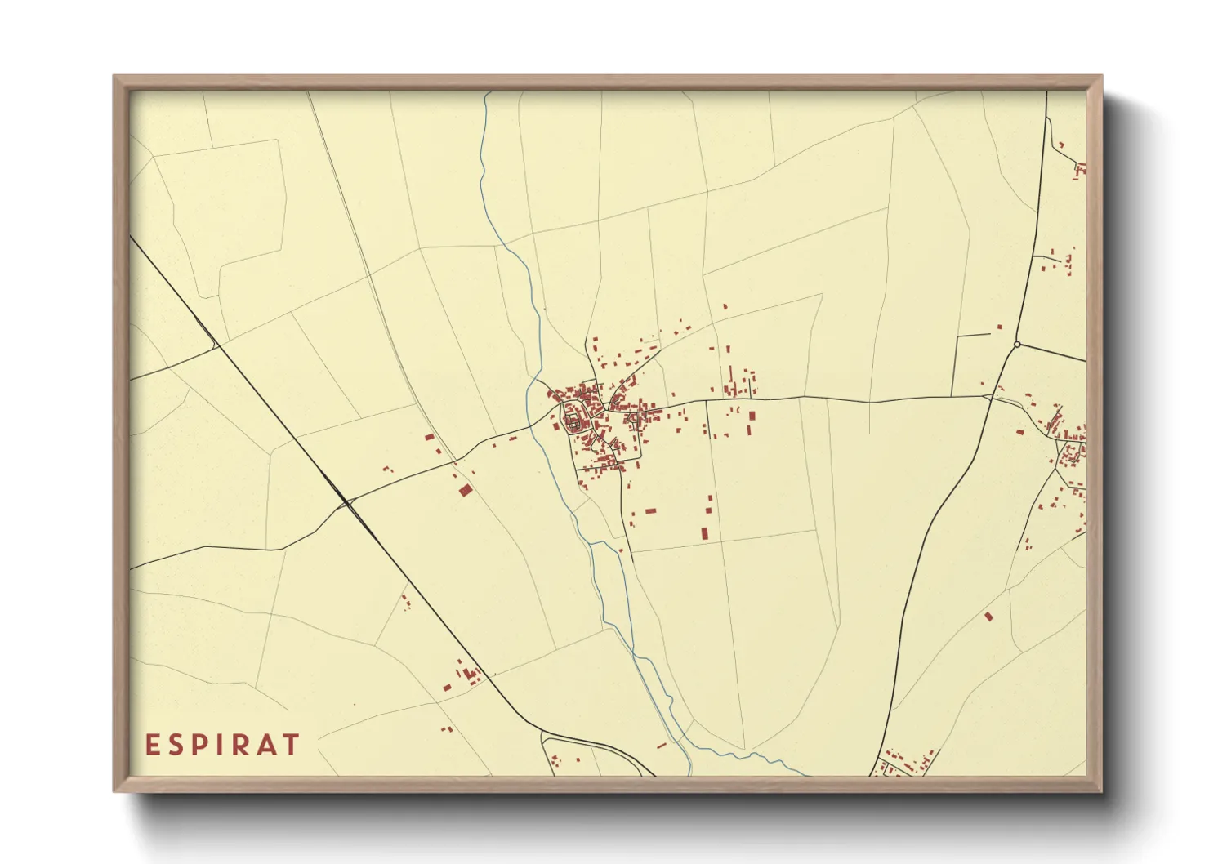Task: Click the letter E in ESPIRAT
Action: (152, 745)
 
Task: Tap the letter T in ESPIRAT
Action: (290, 745)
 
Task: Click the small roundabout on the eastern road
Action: (1016, 345)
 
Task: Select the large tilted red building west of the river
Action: (465, 490)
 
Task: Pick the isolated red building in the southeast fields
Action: (988, 616)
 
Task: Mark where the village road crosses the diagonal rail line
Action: (349, 503)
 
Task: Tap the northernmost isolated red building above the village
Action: (725, 306)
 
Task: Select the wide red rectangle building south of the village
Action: (650, 511)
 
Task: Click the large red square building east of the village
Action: (752, 416)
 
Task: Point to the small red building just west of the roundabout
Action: (998, 327)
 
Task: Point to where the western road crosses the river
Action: (535, 425)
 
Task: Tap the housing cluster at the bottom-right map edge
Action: (907, 763)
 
